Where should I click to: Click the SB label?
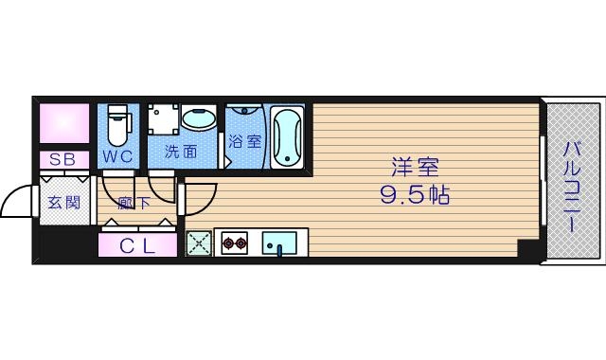(62, 159)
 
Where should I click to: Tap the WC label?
(117, 153)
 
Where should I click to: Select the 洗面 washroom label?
(180, 152)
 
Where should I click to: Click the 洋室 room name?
(417, 167)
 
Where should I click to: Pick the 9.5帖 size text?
(417, 196)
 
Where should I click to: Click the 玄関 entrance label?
(62, 202)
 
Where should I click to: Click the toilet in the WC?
(117, 124)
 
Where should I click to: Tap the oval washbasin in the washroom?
(200, 120)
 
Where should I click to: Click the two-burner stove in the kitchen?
(235, 244)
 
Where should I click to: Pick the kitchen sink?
(279, 244)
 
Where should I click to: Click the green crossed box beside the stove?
(198, 243)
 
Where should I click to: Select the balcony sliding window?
(542, 181)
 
